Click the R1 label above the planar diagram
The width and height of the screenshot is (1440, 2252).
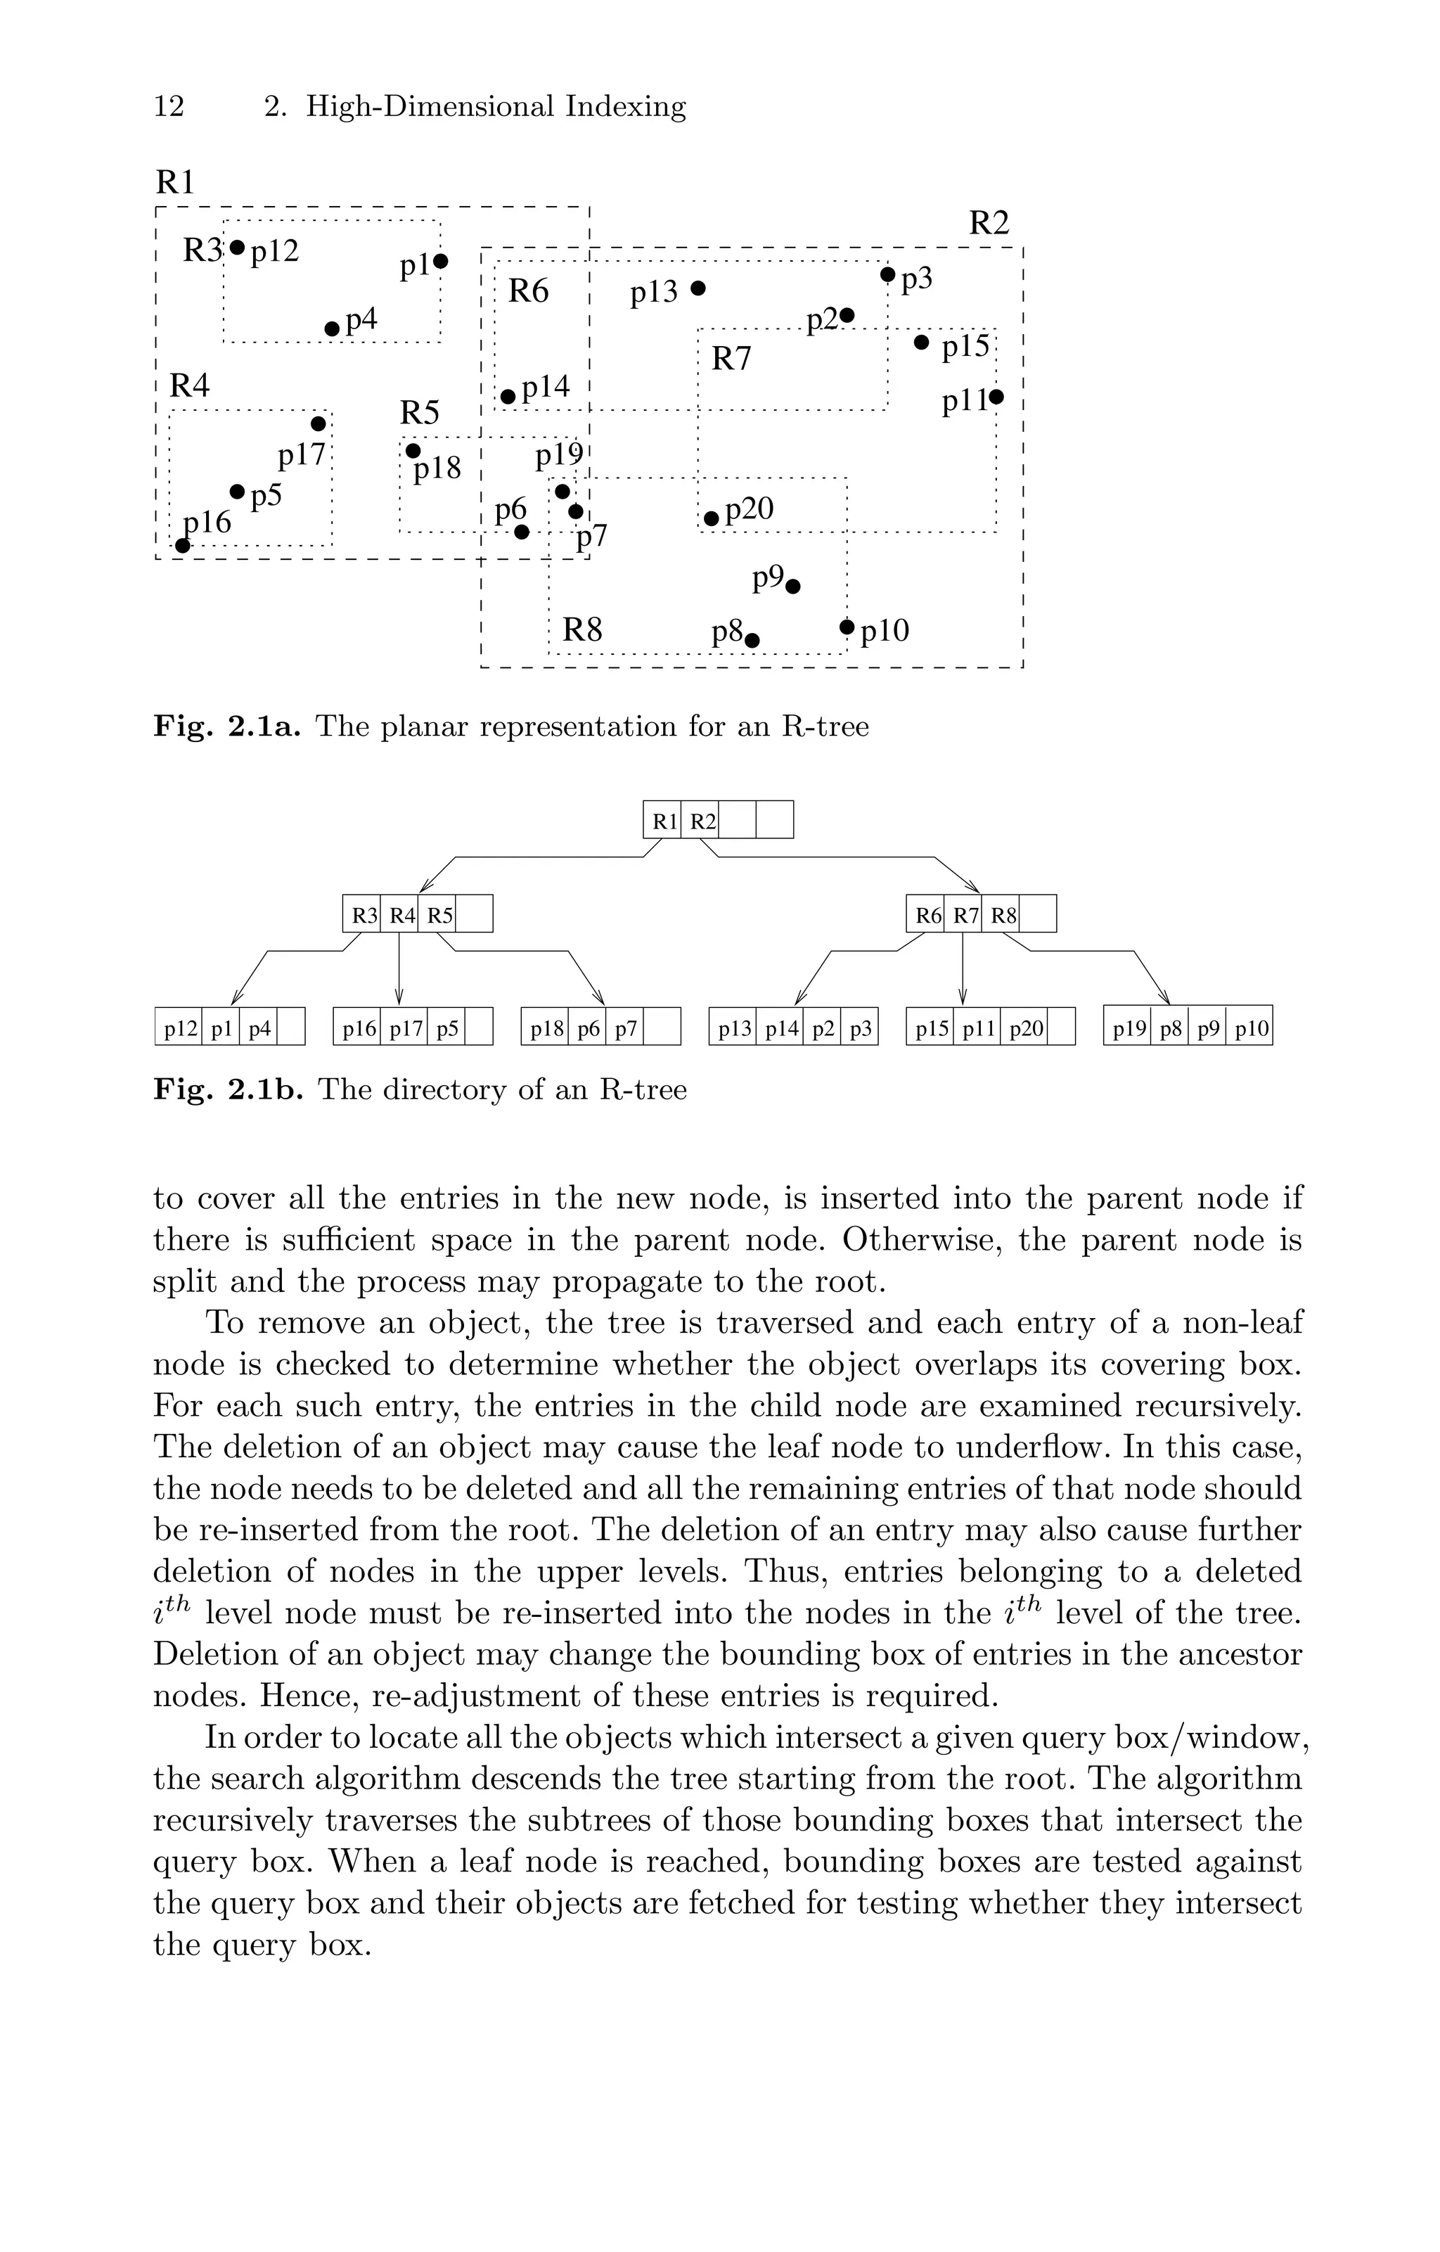pos(175,181)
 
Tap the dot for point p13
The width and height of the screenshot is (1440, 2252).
pos(697,288)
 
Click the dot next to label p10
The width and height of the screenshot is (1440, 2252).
pos(847,626)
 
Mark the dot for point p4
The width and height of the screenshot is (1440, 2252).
pos(332,328)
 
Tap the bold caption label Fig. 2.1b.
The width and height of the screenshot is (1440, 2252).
pos(229,1089)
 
